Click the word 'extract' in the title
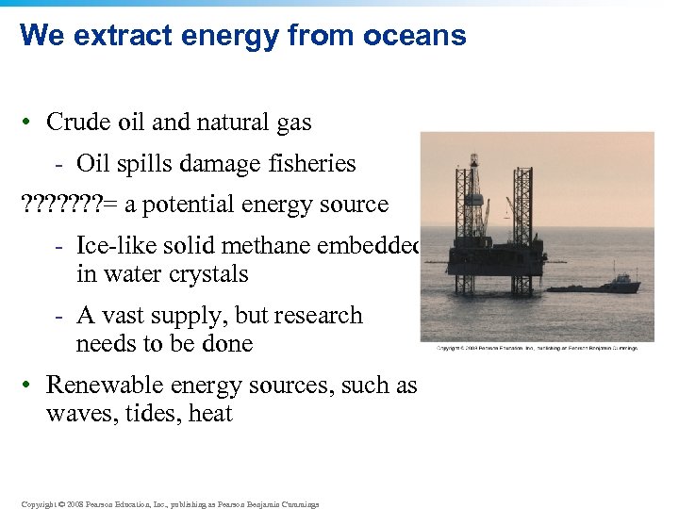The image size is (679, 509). pyautogui.click(x=113, y=36)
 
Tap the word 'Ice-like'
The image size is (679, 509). pyautogui.click(x=115, y=246)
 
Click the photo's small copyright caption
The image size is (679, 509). pyautogui.click(x=537, y=348)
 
